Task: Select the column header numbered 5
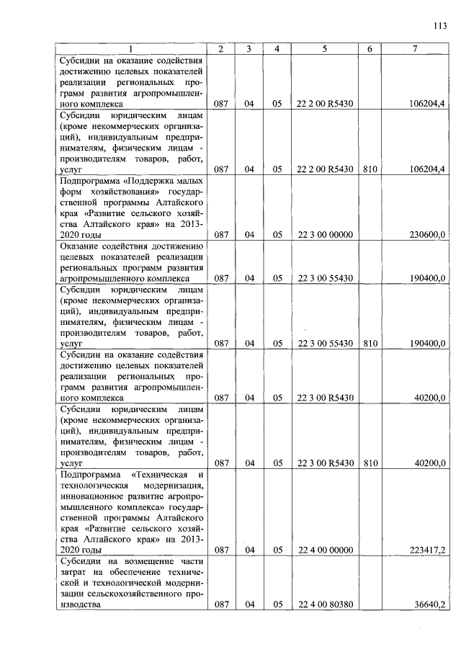click(325, 49)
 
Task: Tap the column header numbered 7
click(414, 49)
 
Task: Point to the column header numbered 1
click(130, 49)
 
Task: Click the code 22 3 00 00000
click(325, 235)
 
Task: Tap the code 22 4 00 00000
click(325, 550)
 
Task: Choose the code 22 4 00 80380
click(325, 605)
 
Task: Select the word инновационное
click(91, 496)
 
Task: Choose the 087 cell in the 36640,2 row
click(220, 605)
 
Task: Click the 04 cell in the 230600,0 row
click(249, 235)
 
